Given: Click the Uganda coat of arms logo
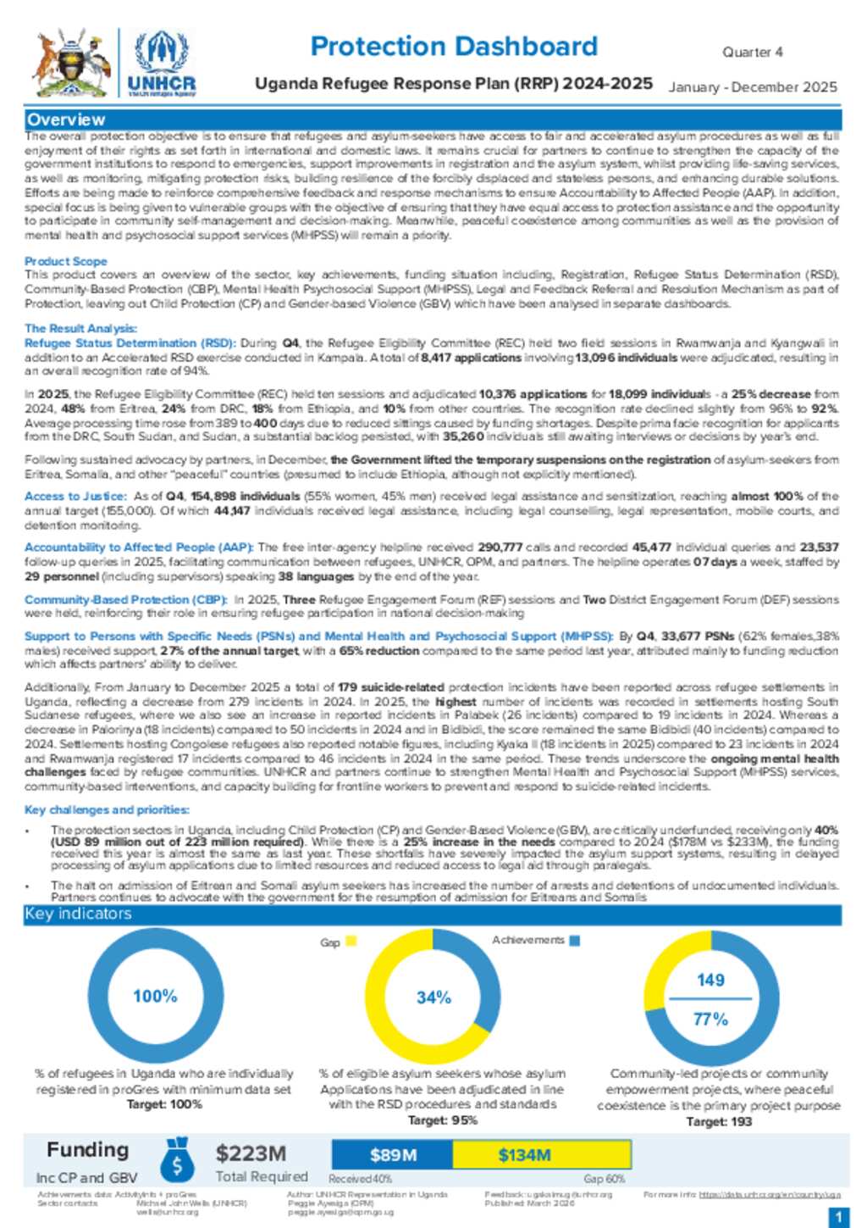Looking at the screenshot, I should point(71,63).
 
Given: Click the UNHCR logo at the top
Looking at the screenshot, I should point(161,64).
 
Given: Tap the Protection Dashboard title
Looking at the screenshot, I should point(454,46).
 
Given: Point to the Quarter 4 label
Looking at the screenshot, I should point(752,52).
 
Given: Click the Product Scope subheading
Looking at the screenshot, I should point(66,261).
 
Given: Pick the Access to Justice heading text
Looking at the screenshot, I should point(75,496).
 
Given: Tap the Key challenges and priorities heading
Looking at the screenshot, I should point(107,809).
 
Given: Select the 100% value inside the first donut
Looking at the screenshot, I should point(155,996).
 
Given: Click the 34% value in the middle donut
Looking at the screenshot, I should point(433,997).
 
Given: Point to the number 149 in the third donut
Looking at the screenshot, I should point(710,980).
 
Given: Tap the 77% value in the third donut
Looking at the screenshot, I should point(710,1019).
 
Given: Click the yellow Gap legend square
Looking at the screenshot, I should point(351,941).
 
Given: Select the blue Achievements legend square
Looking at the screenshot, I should point(575,940).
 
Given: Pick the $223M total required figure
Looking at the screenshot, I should point(251,1153).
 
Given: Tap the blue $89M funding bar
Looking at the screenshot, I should point(392,1154).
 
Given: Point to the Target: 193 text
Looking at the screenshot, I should point(718,1121).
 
